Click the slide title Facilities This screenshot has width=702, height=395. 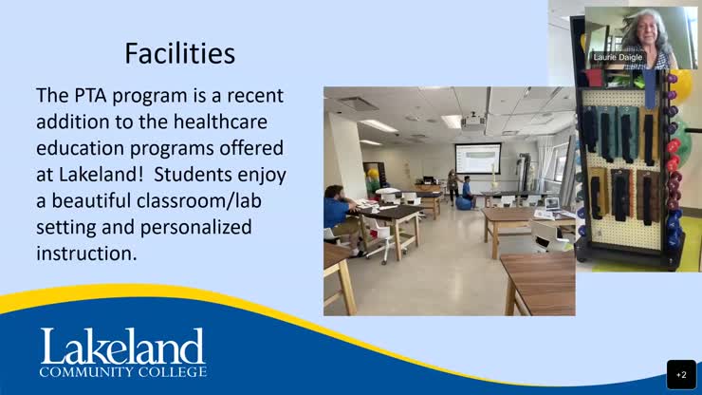179,53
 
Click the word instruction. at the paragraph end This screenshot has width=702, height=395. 86,254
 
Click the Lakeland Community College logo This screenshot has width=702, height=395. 121,352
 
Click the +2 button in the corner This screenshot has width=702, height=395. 681,374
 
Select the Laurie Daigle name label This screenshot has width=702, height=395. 618,58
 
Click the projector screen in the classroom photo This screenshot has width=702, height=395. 477,158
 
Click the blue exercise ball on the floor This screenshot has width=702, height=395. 462,203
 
